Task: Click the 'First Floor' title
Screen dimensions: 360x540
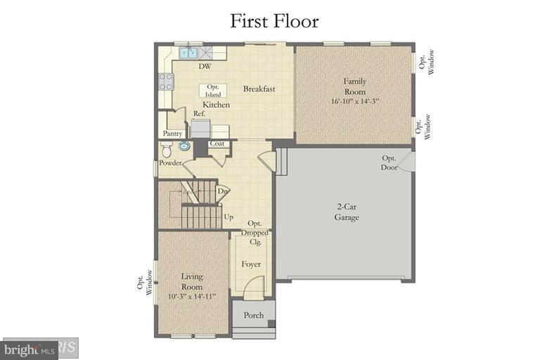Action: [x=274, y=21]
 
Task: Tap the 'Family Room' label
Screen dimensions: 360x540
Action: [x=355, y=86]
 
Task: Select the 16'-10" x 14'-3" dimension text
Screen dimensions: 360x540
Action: [x=355, y=101]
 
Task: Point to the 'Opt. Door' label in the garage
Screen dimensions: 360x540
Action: [x=390, y=162]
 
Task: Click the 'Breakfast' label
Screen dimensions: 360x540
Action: [x=259, y=89]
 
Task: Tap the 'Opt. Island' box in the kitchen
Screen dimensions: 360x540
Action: [x=214, y=91]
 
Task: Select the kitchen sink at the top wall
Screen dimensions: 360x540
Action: [x=188, y=52]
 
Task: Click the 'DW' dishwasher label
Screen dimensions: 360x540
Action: [x=205, y=67]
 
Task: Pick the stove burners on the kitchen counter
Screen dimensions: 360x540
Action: [x=167, y=82]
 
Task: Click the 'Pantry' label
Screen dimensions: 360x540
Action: [x=173, y=134]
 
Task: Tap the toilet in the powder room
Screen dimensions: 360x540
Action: [x=167, y=149]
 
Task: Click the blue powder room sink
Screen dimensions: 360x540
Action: [x=184, y=146]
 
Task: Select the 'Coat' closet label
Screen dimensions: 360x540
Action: [x=217, y=144]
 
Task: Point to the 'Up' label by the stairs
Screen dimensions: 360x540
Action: [x=229, y=217]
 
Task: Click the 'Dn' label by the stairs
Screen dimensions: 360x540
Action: [x=222, y=191]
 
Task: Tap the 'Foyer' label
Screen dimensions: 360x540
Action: [x=251, y=264]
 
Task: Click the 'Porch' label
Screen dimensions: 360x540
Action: [x=254, y=315]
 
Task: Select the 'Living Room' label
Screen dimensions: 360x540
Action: [x=192, y=281]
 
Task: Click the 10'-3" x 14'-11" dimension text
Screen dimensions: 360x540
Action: [x=192, y=297]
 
